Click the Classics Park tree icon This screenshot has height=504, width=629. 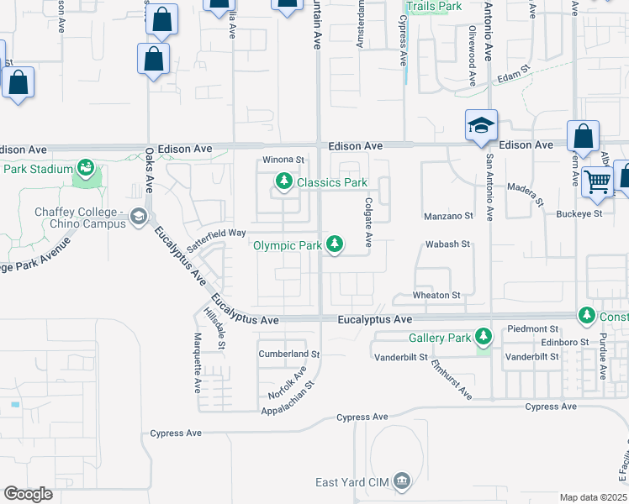pos(285,181)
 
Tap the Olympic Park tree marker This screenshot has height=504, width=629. pos(336,244)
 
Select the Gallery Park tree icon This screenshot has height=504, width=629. pos(484,337)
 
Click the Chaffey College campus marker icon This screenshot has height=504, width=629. pos(137,218)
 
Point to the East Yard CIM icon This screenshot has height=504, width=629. pos(402,481)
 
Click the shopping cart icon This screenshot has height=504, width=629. pos(597,180)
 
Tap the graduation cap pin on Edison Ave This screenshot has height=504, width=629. pos(481,126)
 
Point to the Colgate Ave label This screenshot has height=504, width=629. pos(368,222)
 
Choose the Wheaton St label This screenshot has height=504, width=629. pos(436,296)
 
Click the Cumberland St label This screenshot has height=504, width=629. pos(289,354)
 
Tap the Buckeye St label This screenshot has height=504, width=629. pos(579,213)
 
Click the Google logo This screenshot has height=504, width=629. pos(28,493)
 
